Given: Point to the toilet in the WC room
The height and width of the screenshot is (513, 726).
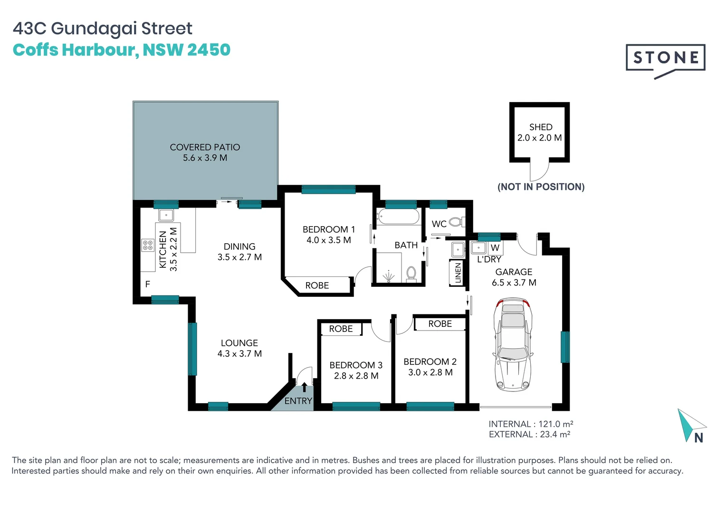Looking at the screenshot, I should click(456, 222).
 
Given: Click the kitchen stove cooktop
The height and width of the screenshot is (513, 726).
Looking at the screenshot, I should click(148, 245).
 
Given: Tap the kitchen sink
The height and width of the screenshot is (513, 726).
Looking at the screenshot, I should click(166, 215).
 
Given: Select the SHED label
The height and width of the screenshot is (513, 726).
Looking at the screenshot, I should click(541, 127).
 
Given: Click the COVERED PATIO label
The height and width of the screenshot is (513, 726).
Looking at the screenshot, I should click(205, 147).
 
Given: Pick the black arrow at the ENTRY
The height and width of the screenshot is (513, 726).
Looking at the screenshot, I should click(304, 387).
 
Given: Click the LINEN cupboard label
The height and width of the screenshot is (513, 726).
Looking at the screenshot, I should click(458, 273).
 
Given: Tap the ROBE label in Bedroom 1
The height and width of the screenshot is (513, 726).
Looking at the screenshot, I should click(317, 285).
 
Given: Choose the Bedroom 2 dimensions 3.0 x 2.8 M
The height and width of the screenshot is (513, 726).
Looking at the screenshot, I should click(430, 372).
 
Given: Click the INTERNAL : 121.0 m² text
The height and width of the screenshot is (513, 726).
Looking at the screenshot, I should click(531, 424).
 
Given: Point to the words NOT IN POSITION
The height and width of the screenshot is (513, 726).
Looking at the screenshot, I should click(541, 187).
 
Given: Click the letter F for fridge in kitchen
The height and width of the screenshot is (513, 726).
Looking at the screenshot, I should click(148, 284).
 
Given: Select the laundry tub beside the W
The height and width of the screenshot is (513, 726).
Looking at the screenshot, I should click(478, 247).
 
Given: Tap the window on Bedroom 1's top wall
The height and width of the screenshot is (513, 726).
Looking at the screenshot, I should click(328, 190).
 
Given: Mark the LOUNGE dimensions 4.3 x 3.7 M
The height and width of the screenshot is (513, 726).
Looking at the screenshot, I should click(239, 353).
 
